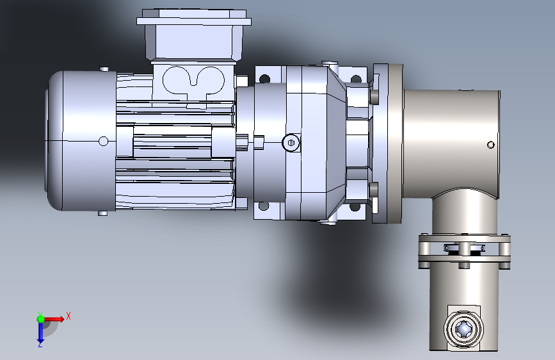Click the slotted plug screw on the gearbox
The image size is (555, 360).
[291, 143]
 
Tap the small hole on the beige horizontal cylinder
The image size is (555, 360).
[490, 145]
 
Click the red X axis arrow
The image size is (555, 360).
[54, 319]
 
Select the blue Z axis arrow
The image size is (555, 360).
[40, 332]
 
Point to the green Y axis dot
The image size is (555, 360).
[41, 319]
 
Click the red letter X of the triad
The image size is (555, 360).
[68, 316]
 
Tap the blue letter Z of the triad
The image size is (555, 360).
[40, 344]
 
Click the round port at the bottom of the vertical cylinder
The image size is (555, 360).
[463, 329]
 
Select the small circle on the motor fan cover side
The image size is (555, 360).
[103, 142]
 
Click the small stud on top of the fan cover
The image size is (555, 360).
[104, 69]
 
